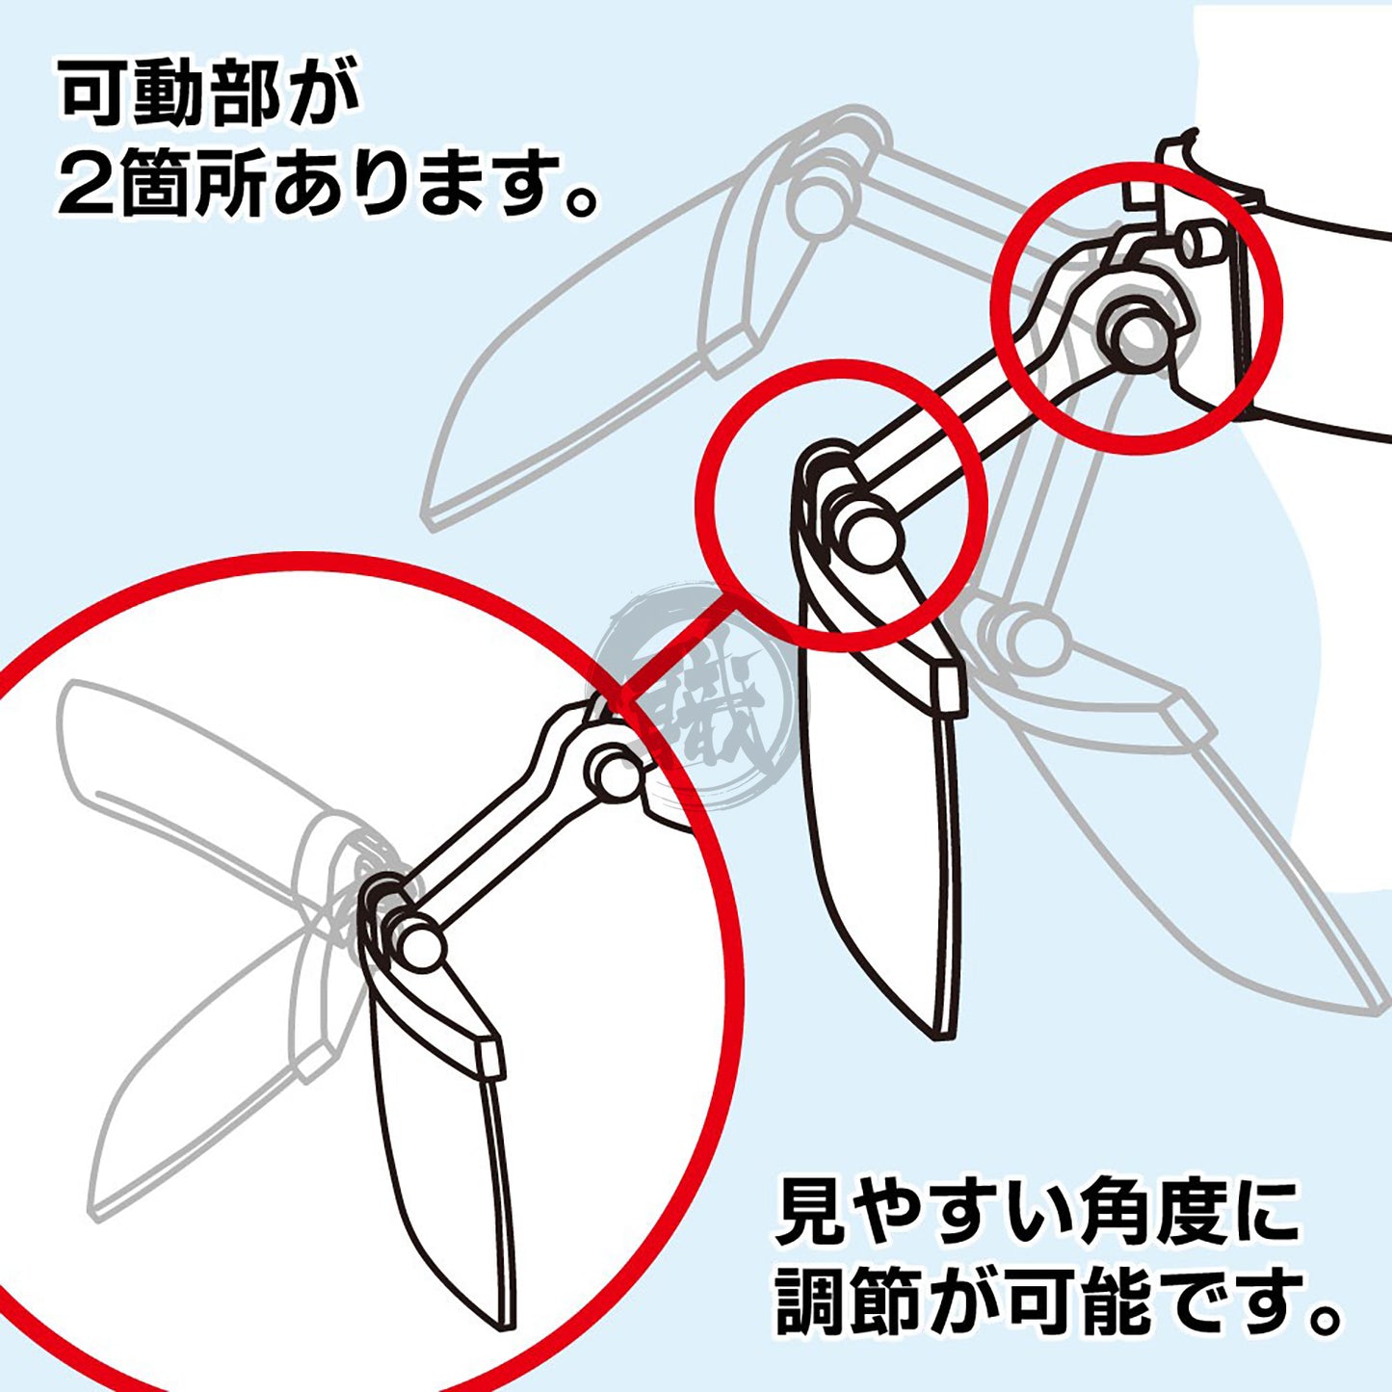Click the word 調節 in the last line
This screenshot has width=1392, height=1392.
(842, 1302)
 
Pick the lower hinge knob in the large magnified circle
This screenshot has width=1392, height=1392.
(420, 945)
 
